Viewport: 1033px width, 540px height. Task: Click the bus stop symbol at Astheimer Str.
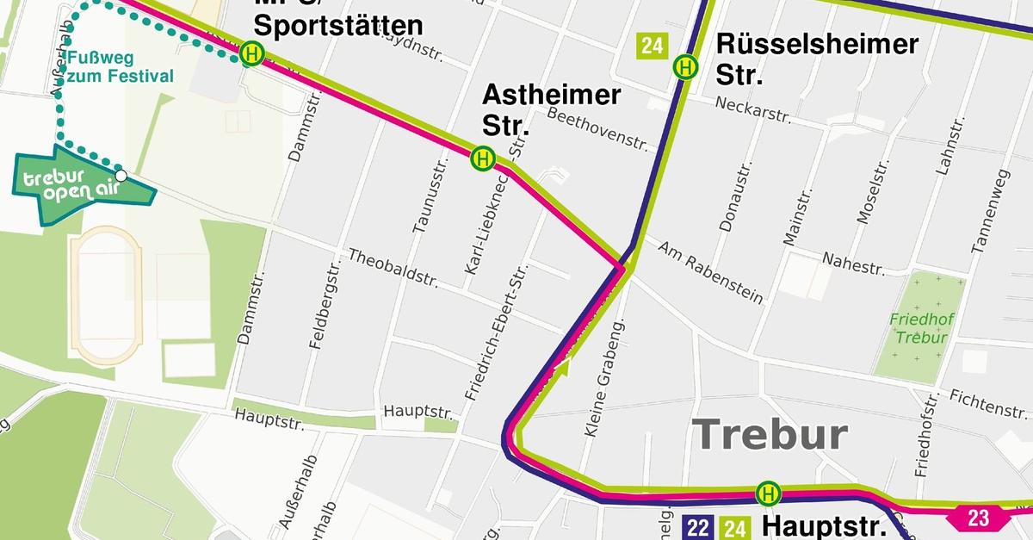[x=483, y=158]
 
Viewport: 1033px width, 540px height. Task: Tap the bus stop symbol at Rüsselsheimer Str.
[x=686, y=65]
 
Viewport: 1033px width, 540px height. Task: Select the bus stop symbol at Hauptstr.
[x=768, y=493]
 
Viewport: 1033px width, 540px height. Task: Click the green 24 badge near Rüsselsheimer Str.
[x=652, y=46]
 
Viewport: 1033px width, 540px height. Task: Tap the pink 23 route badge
[x=978, y=518]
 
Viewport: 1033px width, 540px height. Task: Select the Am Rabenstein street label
[x=710, y=271]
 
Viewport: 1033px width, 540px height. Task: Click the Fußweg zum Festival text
[x=121, y=68]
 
